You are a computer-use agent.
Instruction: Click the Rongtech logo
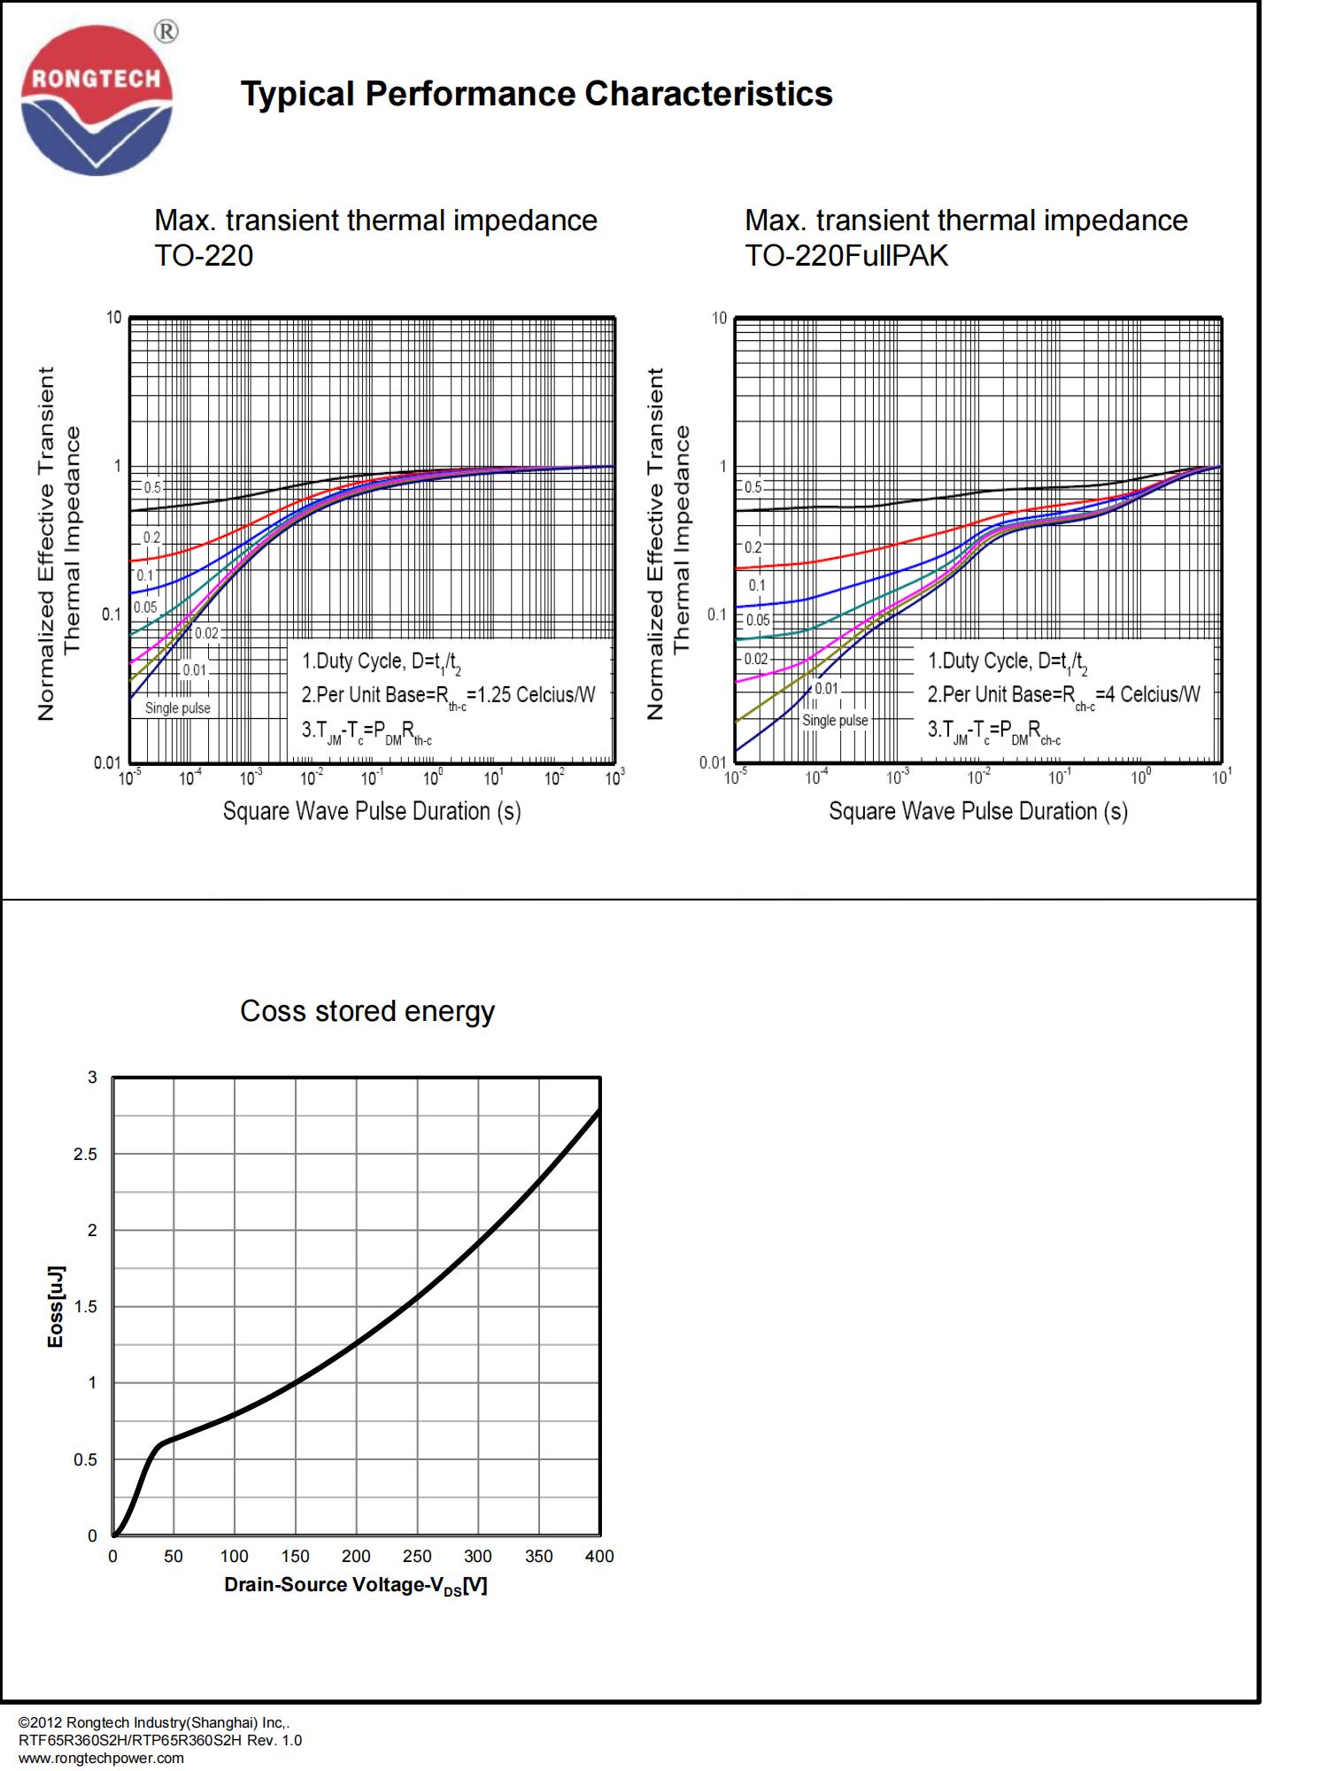pos(97,99)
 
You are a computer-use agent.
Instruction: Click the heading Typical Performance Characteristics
pos(537,94)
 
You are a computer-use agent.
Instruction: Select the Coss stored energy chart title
pos(367,1011)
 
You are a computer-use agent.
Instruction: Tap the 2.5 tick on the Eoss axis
pos(86,1155)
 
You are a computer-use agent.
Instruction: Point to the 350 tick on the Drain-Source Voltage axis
pos(538,1556)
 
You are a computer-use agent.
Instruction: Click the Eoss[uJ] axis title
pos(55,1307)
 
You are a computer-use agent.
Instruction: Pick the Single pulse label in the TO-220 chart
pos(178,708)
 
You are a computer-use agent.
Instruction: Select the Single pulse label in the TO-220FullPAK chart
pos(835,721)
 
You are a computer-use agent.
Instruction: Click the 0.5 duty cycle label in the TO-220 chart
pos(153,488)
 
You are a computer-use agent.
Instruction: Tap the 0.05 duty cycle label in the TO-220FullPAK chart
pos(758,620)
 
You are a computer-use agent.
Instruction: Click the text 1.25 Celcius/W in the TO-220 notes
pos(537,695)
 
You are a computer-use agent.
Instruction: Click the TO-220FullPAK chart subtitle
pos(846,256)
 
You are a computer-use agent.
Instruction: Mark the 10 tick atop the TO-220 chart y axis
pos(114,317)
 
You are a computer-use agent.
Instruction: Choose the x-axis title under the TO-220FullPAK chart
pos(977,811)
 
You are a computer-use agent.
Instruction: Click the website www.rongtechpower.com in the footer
pos(101,1758)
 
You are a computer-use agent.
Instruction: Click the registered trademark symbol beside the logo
pos(166,32)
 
